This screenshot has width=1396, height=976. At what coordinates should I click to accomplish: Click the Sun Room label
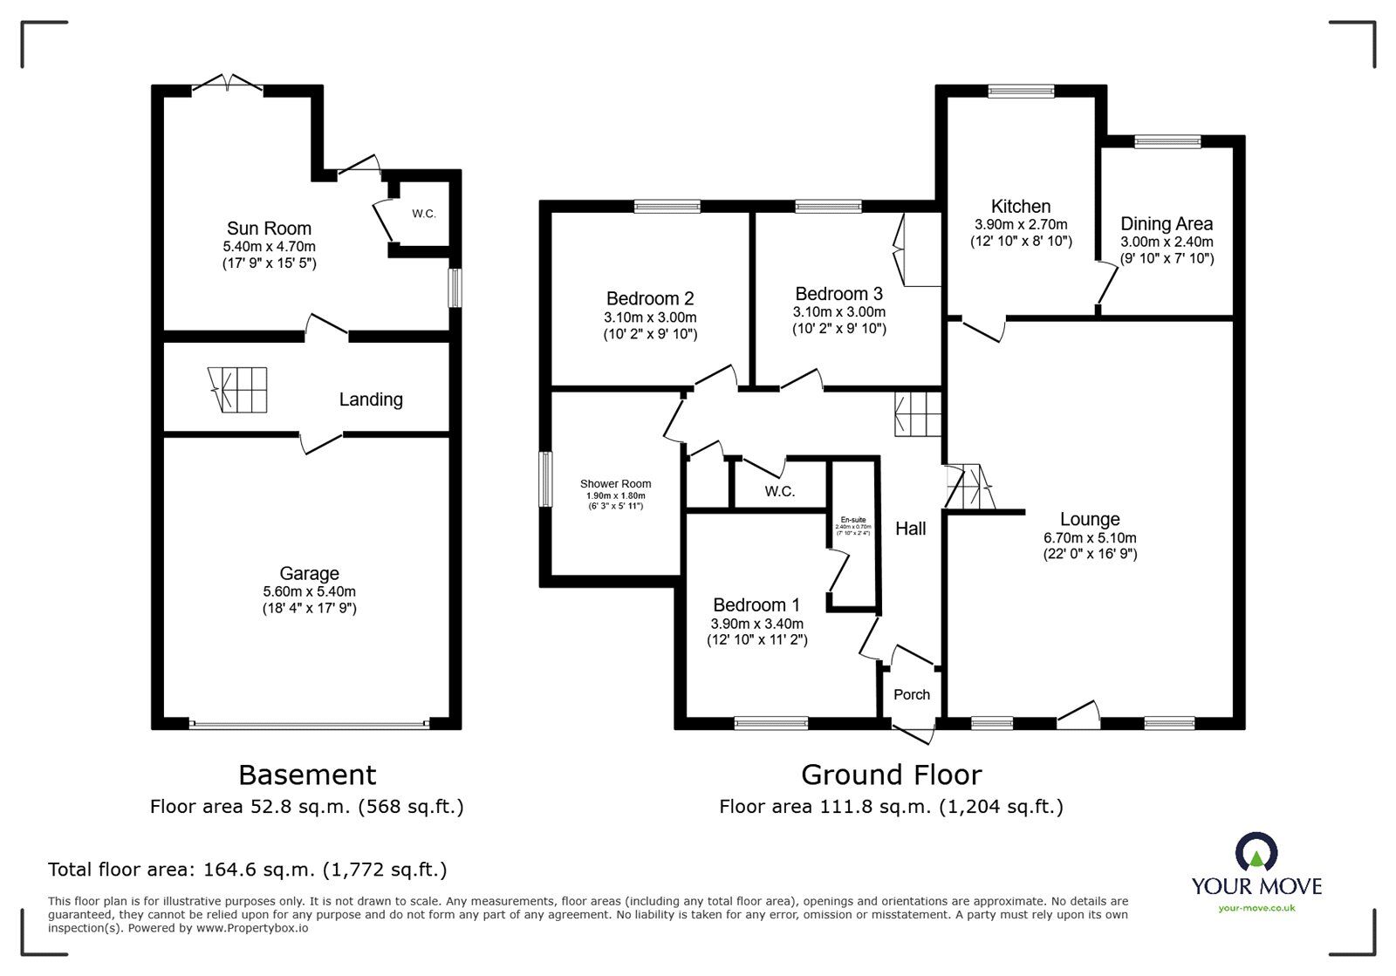(x=269, y=229)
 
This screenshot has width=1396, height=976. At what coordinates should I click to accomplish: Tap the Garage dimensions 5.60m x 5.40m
(x=309, y=591)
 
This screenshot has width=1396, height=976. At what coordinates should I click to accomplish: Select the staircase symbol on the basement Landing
(x=239, y=389)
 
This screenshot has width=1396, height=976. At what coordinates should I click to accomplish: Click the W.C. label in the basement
(x=424, y=214)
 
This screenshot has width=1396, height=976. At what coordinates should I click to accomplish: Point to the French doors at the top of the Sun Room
(x=227, y=85)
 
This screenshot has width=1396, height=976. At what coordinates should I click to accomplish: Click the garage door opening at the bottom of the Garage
(x=309, y=723)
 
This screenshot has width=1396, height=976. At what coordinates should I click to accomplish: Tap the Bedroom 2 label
(x=650, y=298)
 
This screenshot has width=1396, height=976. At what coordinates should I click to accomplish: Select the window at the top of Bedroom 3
(x=828, y=207)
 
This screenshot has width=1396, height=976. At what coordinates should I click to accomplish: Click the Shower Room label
(x=615, y=484)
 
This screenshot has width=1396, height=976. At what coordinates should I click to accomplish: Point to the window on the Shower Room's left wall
(x=544, y=478)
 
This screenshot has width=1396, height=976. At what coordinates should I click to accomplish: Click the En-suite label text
(x=852, y=519)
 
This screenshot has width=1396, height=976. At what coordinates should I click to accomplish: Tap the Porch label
(x=912, y=694)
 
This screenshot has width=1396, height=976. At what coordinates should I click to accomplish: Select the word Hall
(x=910, y=529)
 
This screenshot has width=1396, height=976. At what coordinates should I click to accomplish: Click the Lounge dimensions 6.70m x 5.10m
(x=1090, y=538)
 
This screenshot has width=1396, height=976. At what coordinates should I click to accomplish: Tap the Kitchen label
(x=1021, y=207)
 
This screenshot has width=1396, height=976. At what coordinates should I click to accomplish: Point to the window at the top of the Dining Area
(x=1167, y=140)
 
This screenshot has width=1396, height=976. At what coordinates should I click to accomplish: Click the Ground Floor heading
(x=891, y=775)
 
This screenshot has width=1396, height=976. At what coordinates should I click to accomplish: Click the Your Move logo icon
(x=1256, y=854)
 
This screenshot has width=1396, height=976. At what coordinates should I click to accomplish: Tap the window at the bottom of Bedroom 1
(x=770, y=722)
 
